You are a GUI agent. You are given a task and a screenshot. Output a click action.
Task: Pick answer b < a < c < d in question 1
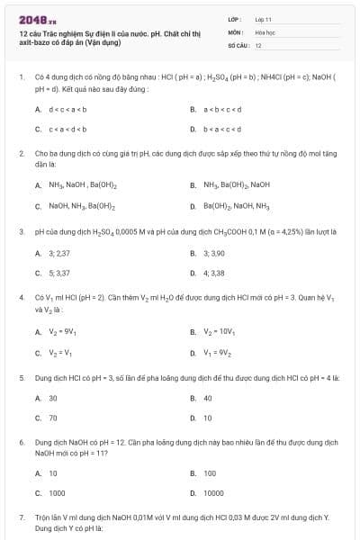tap(224, 129)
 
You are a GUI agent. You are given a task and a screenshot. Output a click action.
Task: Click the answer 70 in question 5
tap(53, 418)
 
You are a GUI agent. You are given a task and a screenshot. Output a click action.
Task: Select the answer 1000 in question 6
tap(57, 492)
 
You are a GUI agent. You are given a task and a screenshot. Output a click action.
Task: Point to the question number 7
tap(21, 518)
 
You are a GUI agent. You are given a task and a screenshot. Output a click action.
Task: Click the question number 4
tap(21, 296)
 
